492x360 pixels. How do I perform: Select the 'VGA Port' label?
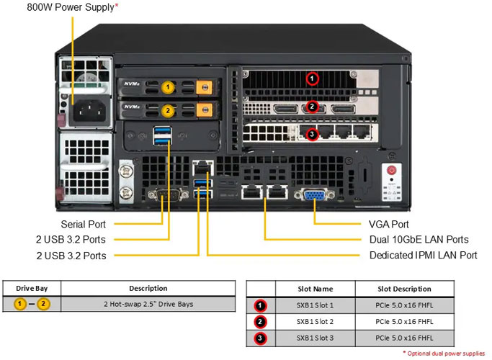coord(388,225)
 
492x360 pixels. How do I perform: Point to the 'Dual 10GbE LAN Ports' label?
coord(419,240)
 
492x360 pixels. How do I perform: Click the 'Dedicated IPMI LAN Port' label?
coord(423,256)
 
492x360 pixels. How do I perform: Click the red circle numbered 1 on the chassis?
coord(312,78)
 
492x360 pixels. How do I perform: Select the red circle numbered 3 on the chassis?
coord(312,134)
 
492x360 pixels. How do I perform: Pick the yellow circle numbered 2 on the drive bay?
coord(167,111)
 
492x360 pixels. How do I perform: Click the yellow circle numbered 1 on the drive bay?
coord(167,88)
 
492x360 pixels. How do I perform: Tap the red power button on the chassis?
coord(392,170)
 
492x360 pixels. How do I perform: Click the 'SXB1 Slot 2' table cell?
coord(316,321)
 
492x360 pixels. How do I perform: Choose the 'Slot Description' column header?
coord(405,289)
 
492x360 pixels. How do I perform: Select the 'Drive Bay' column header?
coord(31,289)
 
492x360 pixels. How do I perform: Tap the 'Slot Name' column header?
coord(316,289)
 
